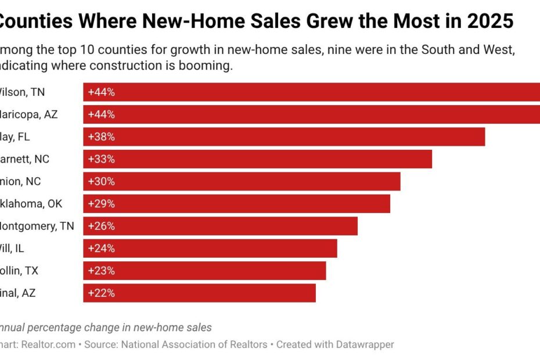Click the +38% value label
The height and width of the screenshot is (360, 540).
101,137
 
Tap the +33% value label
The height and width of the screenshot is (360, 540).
101,159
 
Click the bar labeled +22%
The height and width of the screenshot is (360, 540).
200,293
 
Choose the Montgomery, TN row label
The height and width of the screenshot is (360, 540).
36,226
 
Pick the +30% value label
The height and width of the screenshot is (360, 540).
101,182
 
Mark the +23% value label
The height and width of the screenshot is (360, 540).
101,271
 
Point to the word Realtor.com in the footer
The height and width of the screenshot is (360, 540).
49,344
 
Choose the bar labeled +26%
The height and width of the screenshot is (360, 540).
221,226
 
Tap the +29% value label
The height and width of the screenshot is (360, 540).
101,204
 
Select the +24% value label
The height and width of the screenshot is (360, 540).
101,249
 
